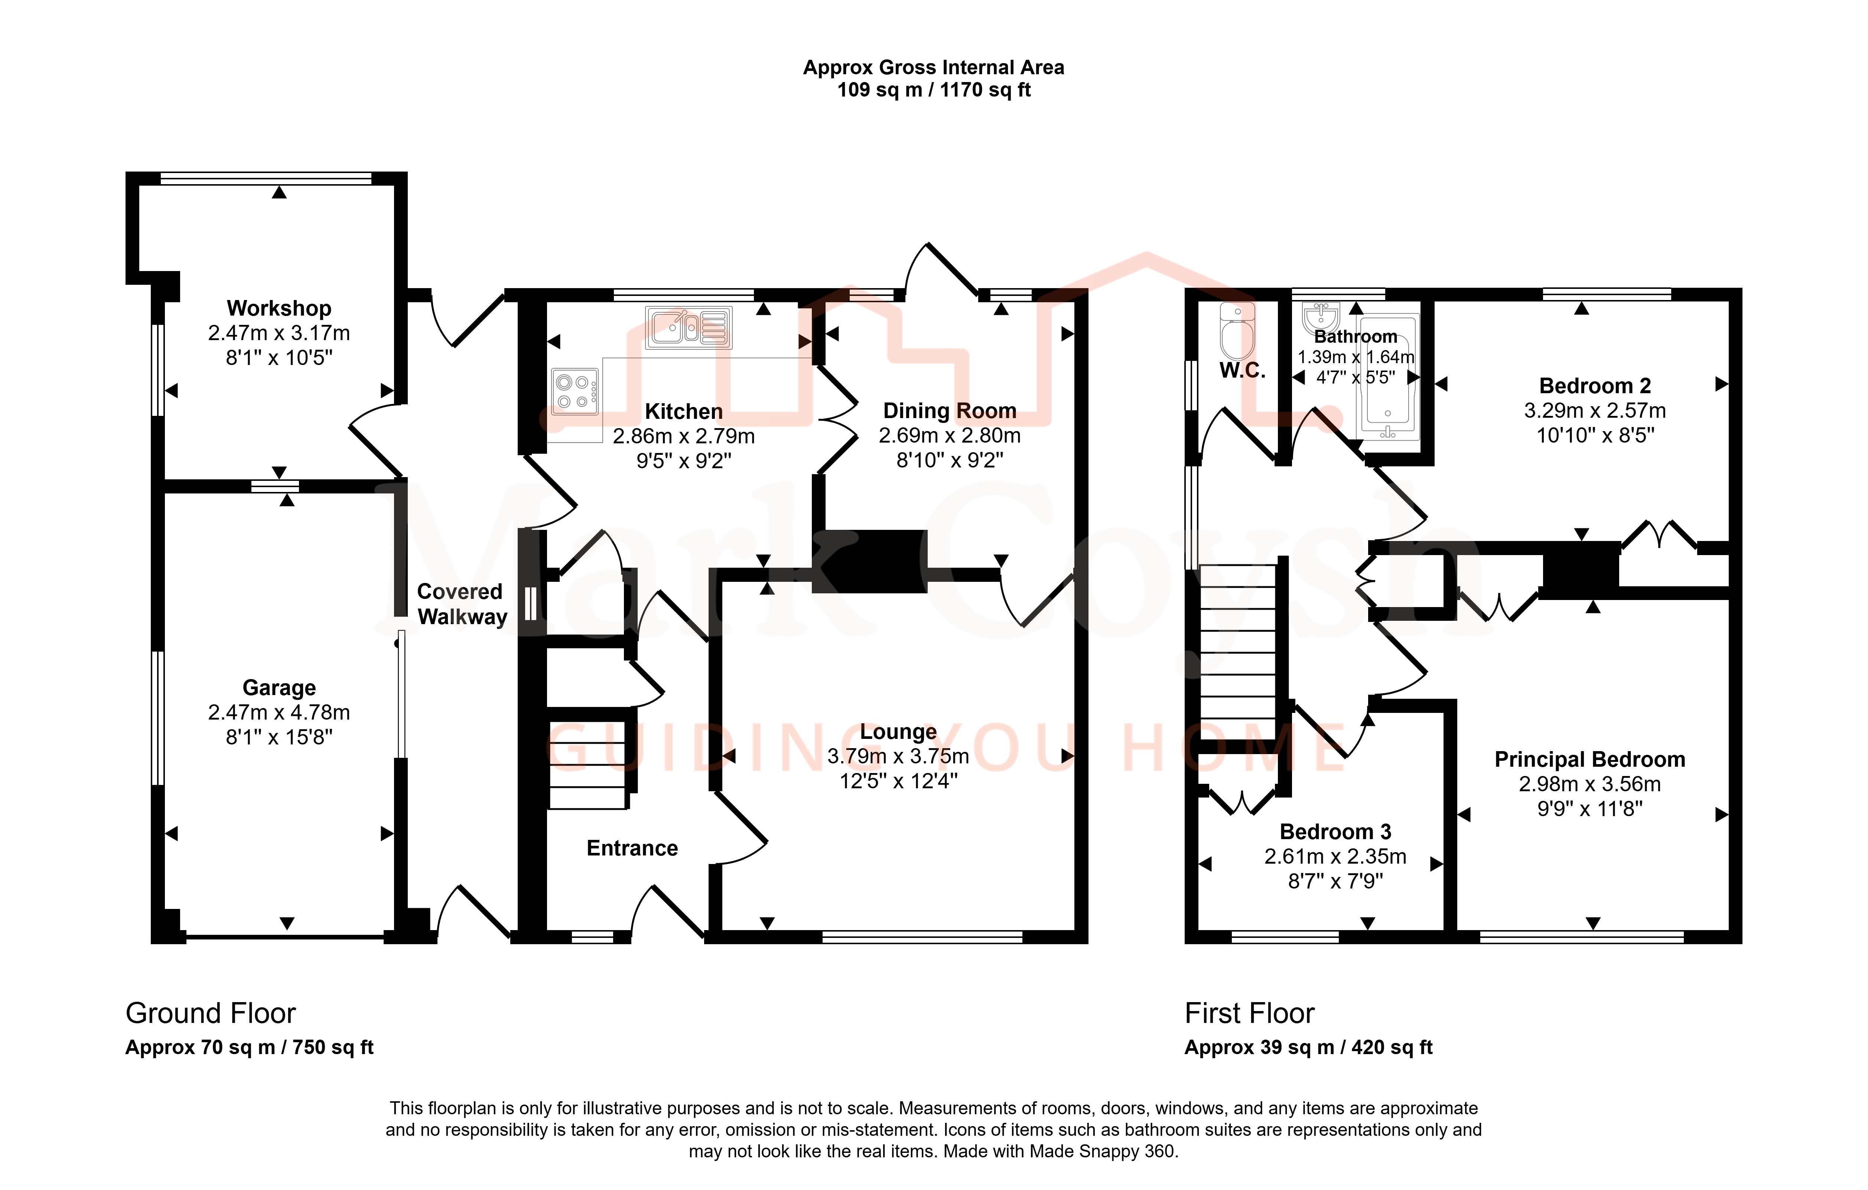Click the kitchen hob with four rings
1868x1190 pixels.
(x=575, y=391)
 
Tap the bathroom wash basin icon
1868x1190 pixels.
(x=1320, y=316)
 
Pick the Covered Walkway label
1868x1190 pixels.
(x=462, y=604)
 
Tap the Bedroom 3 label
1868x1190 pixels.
(x=1335, y=832)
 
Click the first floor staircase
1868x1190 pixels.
(x=1238, y=652)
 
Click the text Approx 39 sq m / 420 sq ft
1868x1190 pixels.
(x=1308, y=1047)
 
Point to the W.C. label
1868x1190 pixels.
(x=1242, y=371)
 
